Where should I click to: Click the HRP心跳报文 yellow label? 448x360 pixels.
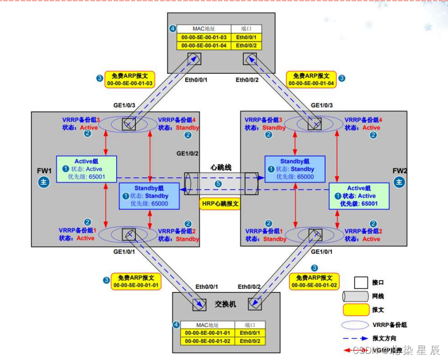coord(220,204)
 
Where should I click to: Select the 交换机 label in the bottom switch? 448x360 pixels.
coord(225,304)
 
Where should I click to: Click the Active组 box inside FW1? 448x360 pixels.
coord(86,169)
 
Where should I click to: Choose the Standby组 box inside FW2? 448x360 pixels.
coord(295,169)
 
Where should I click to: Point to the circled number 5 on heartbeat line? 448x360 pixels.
coord(218,184)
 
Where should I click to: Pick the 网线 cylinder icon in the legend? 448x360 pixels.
coord(354,297)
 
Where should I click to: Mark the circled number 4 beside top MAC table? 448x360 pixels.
coord(172,28)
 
